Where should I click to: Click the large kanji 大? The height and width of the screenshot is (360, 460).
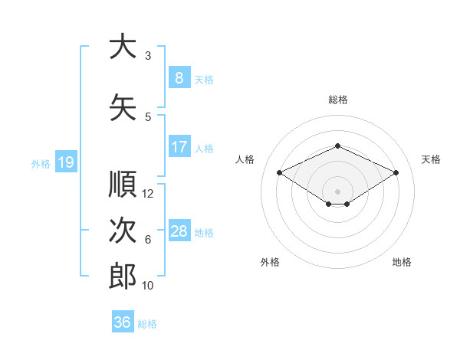coord(123,46)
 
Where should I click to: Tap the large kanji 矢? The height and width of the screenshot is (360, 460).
coord(123,107)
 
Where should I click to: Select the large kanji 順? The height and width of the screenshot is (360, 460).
coord(123,184)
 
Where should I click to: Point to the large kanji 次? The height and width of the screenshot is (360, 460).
coord(123,230)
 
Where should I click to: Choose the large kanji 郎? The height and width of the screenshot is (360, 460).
coord(123,276)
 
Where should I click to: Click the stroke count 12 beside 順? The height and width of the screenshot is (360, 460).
coord(147,194)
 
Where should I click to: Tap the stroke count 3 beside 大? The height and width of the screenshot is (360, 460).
coord(148,56)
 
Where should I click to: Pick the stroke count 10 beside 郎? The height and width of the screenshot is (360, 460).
coord(147,286)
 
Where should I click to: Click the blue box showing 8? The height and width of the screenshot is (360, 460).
coord(179,77)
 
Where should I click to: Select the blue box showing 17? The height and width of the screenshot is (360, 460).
coord(179,146)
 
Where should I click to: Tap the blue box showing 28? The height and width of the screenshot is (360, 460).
coord(179,230)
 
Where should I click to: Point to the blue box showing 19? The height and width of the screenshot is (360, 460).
coord(66,162)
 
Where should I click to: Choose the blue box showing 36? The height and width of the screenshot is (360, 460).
coord(123,321)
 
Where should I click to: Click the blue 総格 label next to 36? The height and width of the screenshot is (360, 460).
coord(147,324)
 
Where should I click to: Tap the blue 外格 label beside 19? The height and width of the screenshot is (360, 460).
coord(41,164)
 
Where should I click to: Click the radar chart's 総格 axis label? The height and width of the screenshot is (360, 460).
coord(338,100)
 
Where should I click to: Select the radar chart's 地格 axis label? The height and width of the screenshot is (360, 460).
coord(402,262)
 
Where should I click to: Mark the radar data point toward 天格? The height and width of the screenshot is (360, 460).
coord(396,172)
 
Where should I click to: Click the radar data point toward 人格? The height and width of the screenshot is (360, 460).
coord(279,172)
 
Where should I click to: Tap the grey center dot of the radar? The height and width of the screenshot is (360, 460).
coord(337,191)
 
